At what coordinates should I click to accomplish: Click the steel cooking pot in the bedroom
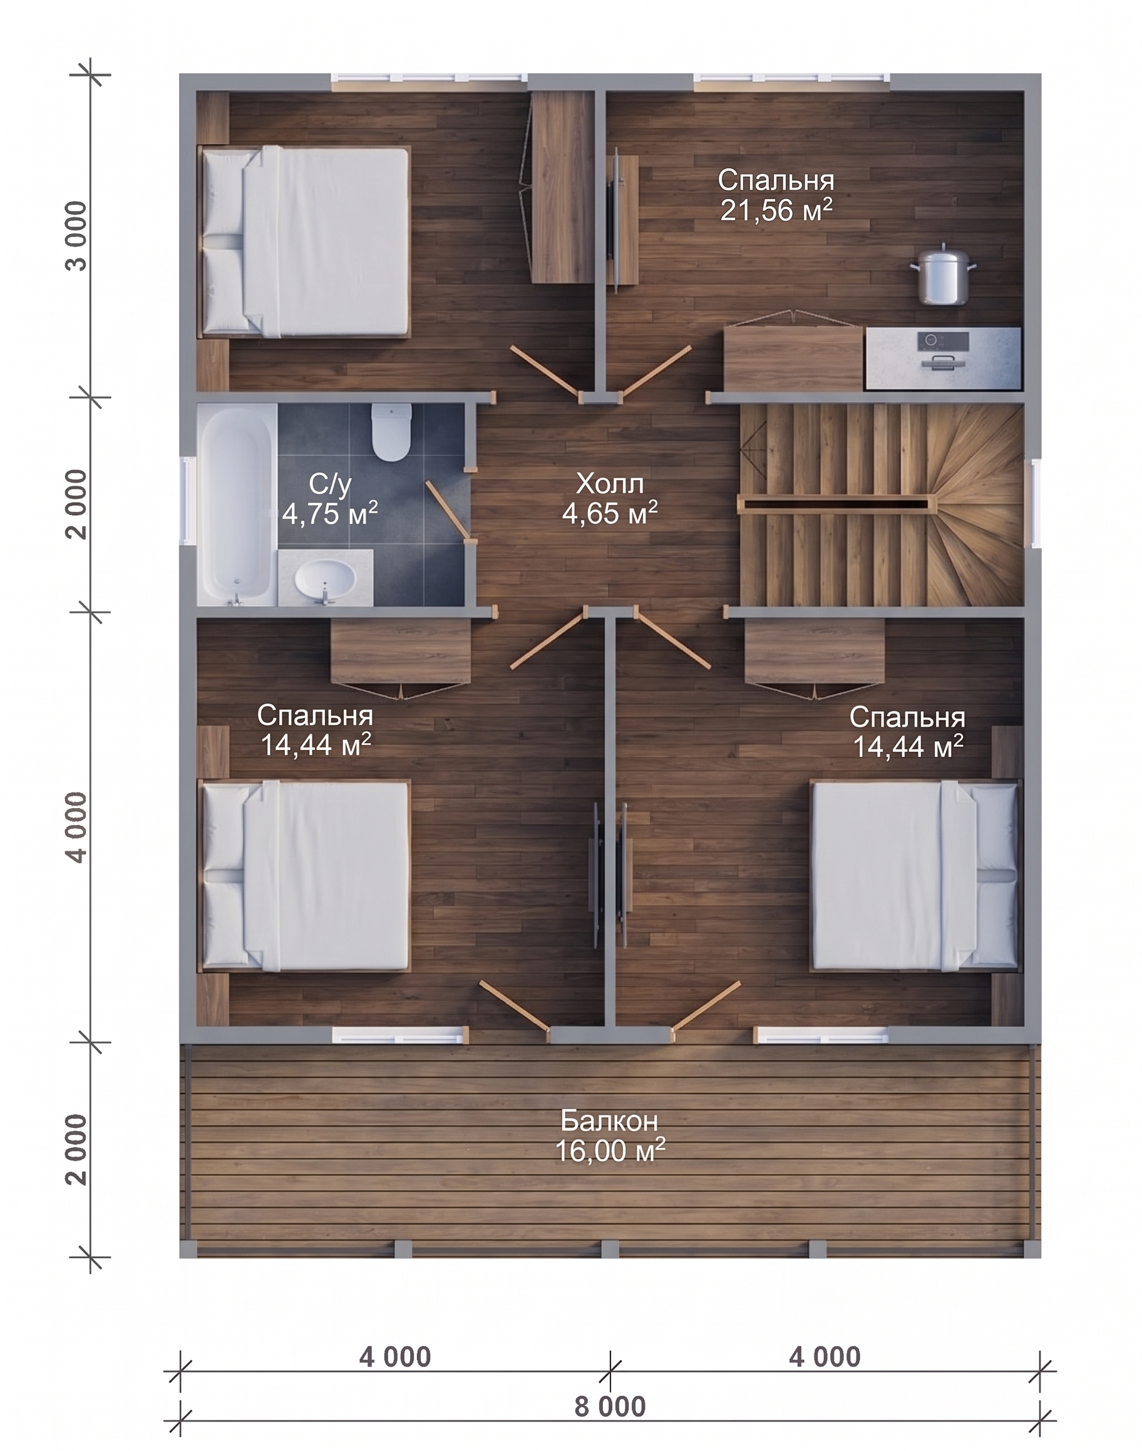tap(944, 275)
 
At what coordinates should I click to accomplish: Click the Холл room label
tap(610, 483)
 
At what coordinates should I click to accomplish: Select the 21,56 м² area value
tap(776, 210)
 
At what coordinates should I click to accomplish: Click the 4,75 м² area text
tap(329, 514)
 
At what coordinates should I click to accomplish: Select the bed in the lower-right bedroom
tap(915, 876)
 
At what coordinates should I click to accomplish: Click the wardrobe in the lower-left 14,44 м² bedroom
tap(401, 658)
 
